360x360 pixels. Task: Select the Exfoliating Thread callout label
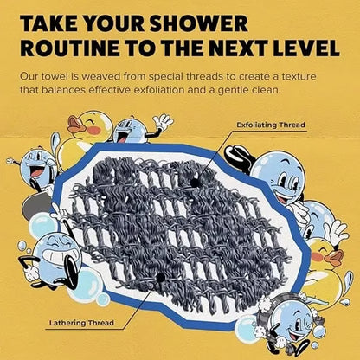[x=273, y=124]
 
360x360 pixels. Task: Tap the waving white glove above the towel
[x=163, y=122]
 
